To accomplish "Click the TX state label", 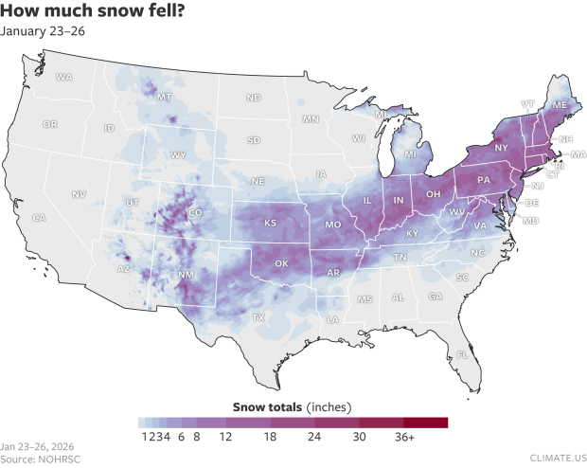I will (258, 318).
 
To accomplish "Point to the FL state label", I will (463, 355).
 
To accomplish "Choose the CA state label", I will (40, 218).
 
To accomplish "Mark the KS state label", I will (270, 224).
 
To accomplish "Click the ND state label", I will (254, 98).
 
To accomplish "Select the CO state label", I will (195, 213).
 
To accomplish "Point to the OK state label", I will (281, 263).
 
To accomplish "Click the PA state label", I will (483, 180).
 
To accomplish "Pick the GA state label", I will (435, 297).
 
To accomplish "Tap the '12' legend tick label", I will (225, 439).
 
